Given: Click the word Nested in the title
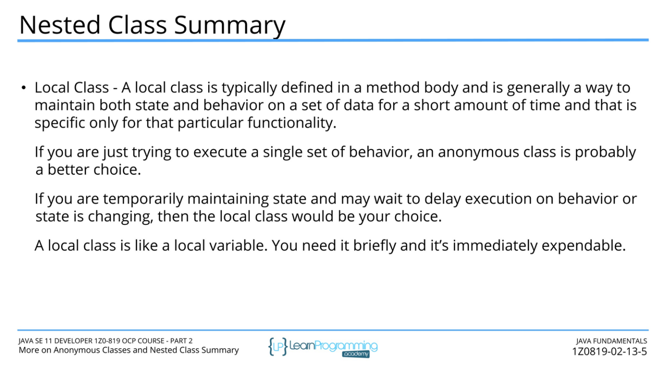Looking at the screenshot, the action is [x=60, y=25].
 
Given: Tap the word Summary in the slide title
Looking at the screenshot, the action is [x=230, y=27].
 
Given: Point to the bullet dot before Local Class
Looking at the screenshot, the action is [x=24, y=88].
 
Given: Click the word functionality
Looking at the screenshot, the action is [x=292, y=123].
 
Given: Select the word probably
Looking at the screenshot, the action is [x=606, y=152].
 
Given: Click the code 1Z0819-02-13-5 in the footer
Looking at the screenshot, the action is [x=609, y=352].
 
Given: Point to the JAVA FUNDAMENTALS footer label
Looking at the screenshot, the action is [x=611, y=341].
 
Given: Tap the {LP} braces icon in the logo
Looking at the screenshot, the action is [x=278, y=346].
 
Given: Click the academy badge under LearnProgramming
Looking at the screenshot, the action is [x=356, y=354].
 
